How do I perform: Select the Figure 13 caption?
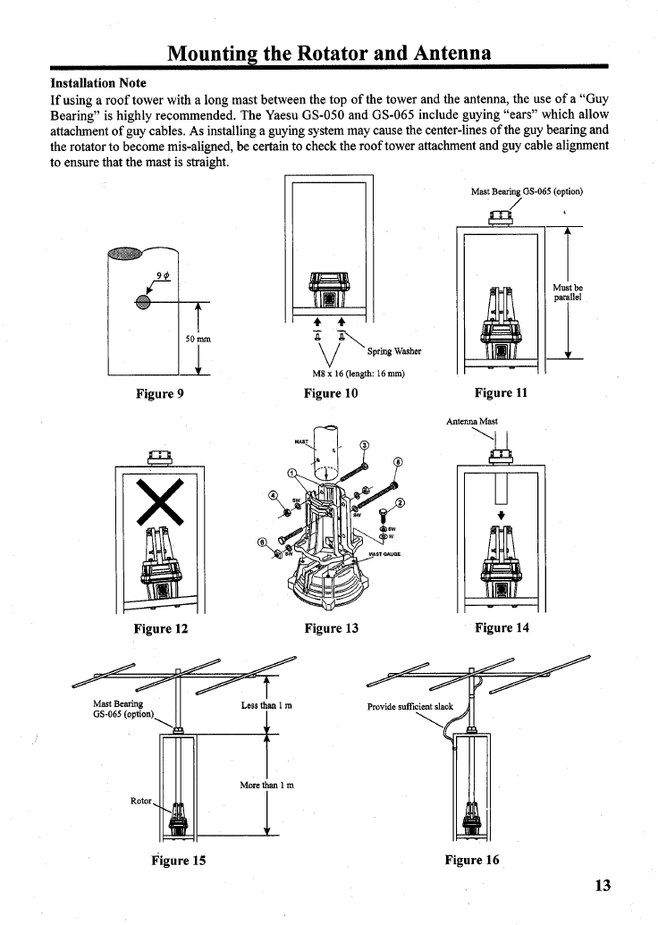coord(331,628)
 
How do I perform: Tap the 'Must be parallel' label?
coord(569,292)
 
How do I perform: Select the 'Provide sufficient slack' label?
coord(410,706)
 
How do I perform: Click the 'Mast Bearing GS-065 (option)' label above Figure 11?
coord(527,191)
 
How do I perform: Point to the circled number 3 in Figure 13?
coord(363,447)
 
